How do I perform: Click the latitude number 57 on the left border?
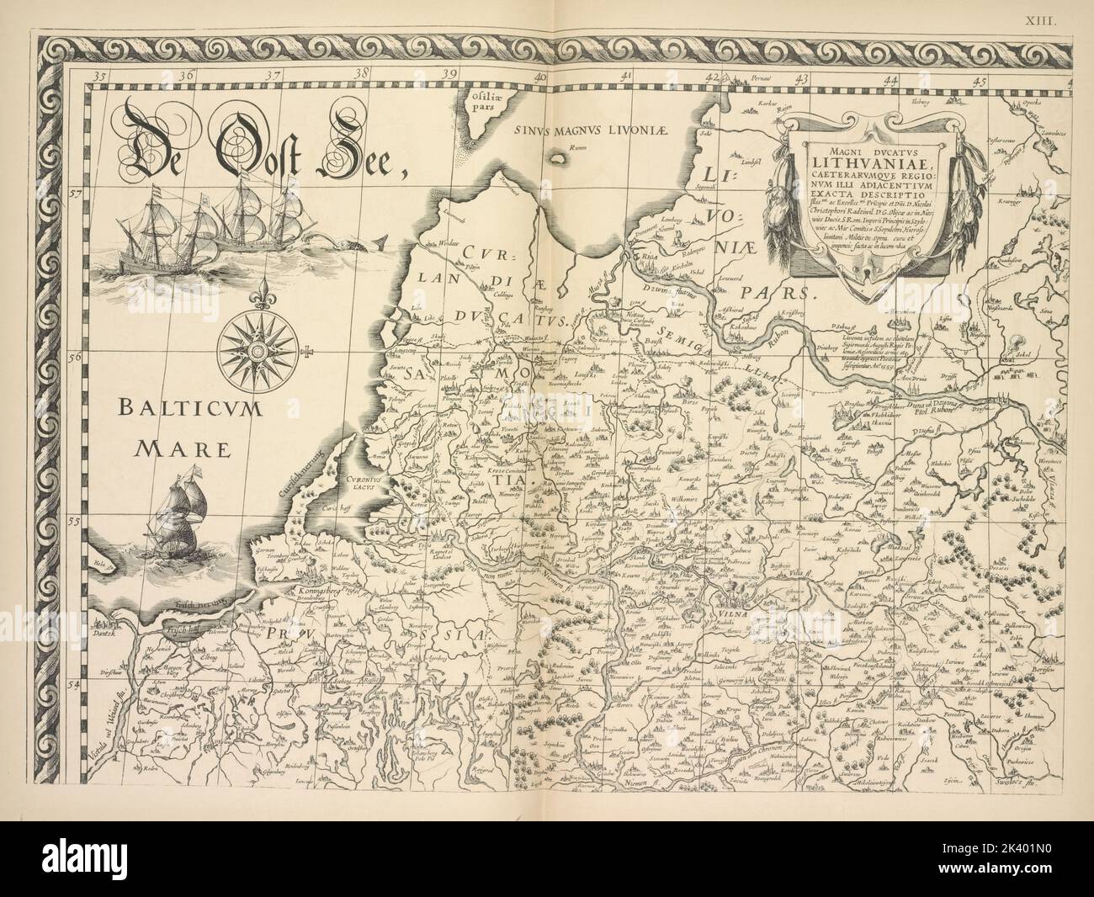[x=76, y=194]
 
